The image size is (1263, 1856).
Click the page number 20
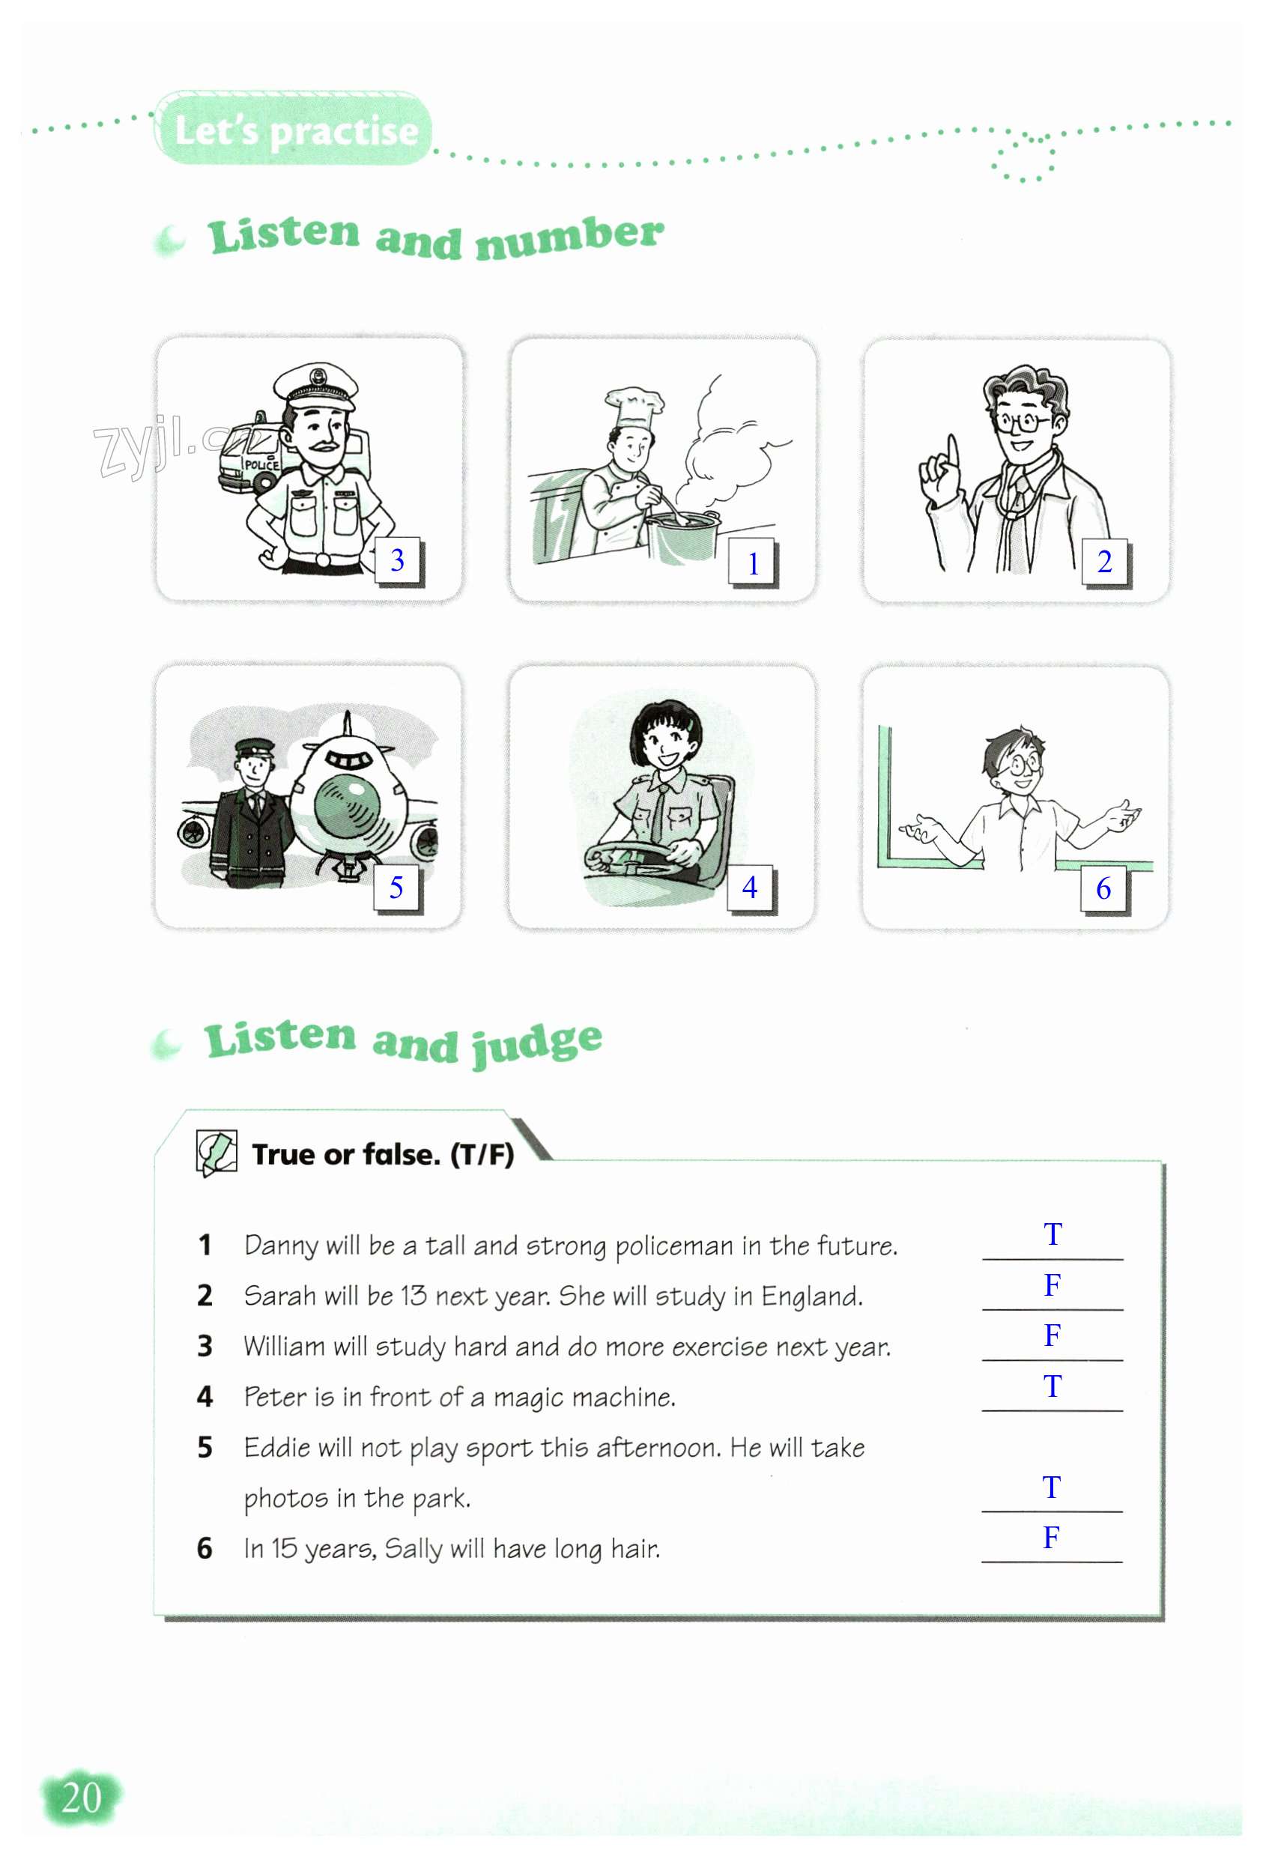point(82,1798)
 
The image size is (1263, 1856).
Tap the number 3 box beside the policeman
point(398,561)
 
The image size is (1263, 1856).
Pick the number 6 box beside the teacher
point(1103,888)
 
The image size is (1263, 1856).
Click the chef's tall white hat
point(634,410)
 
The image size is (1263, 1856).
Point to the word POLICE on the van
point(261,464)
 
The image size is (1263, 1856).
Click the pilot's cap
point(255,749)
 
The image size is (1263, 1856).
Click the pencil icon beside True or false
point(216,1153)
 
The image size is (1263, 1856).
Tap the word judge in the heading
point(536,1043)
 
